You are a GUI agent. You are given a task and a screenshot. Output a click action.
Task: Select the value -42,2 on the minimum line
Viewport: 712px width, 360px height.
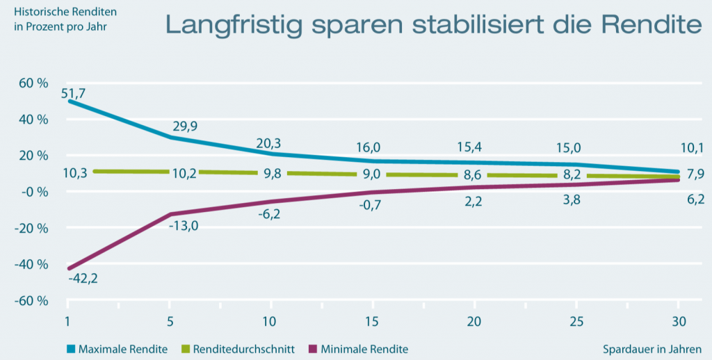[82, 279]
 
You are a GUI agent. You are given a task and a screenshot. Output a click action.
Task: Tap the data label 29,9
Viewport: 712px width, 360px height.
[184, 126]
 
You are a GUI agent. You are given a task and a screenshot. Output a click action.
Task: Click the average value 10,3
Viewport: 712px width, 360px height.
[74, 173]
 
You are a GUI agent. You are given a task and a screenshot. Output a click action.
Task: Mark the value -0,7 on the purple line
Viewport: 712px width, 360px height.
[374, 205]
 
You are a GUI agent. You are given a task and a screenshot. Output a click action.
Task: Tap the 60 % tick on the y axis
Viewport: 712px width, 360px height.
[33, 83]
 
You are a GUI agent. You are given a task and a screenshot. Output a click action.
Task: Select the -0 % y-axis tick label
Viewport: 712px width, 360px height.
[33, 192]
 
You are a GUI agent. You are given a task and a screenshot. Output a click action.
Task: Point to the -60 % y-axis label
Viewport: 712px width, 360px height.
[32, 301]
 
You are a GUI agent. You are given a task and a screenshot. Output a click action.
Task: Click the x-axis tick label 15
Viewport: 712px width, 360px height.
[373, 322]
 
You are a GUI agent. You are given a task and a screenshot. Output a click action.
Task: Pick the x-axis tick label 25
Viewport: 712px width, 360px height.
[576, 322]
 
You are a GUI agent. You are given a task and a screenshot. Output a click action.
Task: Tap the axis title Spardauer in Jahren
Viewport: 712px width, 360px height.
[652, 349]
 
